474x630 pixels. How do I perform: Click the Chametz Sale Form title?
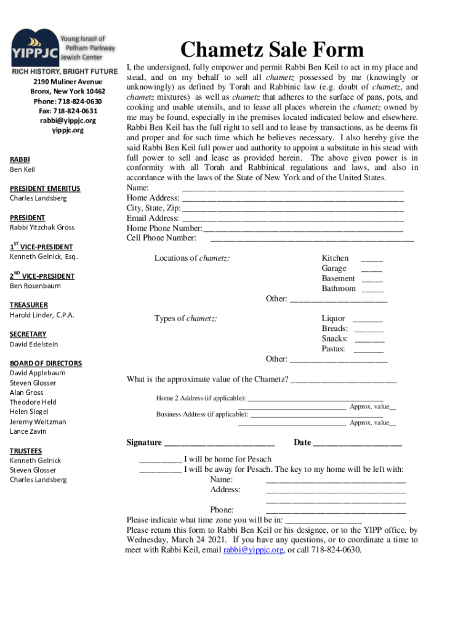coord(271,50)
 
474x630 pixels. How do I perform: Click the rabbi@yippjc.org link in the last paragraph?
coord(253,550)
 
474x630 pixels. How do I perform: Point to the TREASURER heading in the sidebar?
coord(29,305)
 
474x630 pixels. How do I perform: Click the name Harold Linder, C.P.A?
coord(42,315)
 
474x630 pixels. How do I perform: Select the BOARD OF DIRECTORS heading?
coord(46,364)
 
